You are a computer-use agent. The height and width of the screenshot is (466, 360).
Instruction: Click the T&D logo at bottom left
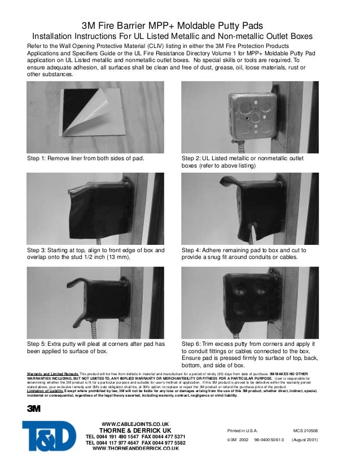[x=49, y=436]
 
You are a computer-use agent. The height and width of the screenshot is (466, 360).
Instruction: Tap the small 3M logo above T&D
[x=33, y=409]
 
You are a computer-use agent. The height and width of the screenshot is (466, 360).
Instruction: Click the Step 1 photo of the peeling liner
[x=95, y=117]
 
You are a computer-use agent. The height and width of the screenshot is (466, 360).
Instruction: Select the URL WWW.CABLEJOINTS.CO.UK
[x=135, y=424]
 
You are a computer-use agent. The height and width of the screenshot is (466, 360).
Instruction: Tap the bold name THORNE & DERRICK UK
[x=135, y=430]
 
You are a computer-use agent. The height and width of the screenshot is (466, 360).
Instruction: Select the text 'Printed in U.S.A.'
[x=242, y=430]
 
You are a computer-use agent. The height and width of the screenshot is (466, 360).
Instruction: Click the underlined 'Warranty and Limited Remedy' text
[x=53, y=374]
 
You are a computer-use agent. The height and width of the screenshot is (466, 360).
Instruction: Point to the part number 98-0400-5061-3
[x=269, y=439]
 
